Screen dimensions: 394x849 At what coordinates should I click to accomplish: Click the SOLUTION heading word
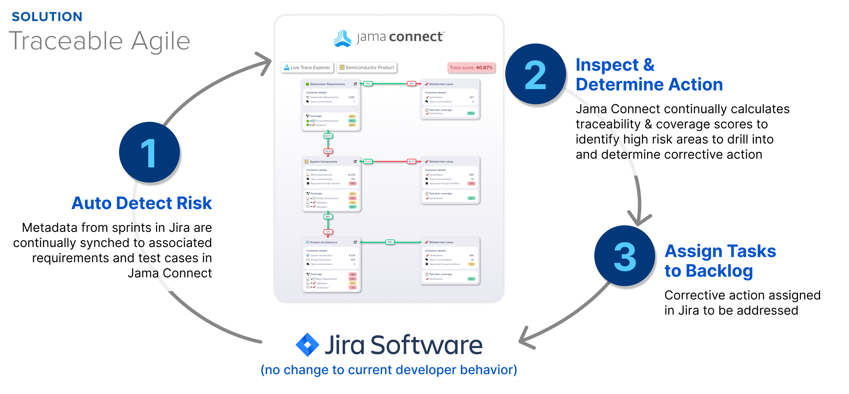coord(47,17)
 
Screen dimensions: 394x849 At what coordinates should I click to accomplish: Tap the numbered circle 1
coord(149,152)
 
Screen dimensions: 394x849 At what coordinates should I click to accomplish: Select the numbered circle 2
coord(535,74)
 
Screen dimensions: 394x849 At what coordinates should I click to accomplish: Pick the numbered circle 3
coord(625,256)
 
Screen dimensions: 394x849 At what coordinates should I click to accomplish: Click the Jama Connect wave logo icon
coord(342,38)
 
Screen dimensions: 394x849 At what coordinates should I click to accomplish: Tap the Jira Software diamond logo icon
coord(307,345)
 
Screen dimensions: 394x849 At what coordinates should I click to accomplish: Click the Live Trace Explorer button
coord(307,68)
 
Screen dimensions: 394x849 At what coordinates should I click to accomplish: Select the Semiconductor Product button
coord(367,68)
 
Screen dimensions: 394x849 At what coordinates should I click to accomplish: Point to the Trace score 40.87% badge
coord(471,68)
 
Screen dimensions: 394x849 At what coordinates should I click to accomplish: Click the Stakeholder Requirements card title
coord(327,84)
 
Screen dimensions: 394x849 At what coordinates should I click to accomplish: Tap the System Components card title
coord(323,161)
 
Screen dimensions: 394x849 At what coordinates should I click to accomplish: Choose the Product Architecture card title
coord(323,242)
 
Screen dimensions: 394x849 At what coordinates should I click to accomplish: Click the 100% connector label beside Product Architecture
coord(390,242)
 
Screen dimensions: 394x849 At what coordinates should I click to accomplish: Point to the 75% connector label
coord(368,83)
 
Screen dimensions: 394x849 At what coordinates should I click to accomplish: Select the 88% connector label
coord(328,217)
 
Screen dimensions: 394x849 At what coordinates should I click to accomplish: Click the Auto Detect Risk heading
coord(141,203)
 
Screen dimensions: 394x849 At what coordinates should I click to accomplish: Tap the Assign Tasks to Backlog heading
coord(720,261)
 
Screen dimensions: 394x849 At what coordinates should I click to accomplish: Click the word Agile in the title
coord(160,41)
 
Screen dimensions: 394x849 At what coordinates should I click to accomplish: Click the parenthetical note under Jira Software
coord(389,370)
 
